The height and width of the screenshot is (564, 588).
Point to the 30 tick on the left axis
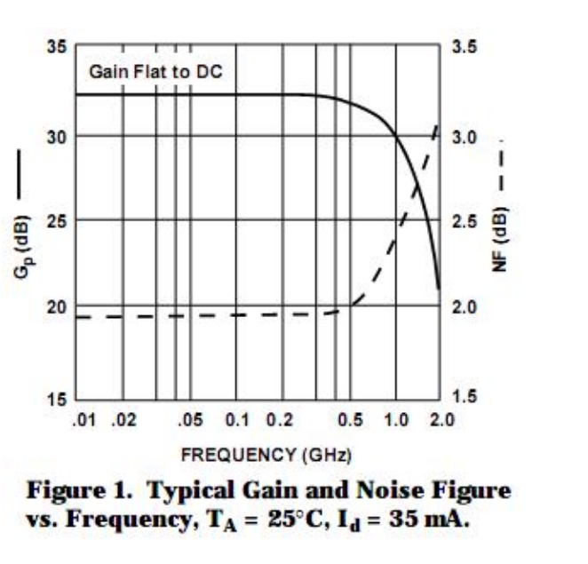[x=58, y=136]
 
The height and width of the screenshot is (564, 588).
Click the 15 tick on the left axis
[x=58, y=399]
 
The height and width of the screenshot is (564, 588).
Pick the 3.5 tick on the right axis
[x=462, y=47]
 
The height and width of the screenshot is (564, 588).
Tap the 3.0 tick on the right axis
[x=462, y=138]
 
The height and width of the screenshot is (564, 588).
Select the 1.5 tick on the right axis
[x=462, y=399]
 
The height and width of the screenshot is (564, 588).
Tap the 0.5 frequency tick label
[x=350, y=417]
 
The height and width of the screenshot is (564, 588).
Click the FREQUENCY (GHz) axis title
[x=266, y=455]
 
